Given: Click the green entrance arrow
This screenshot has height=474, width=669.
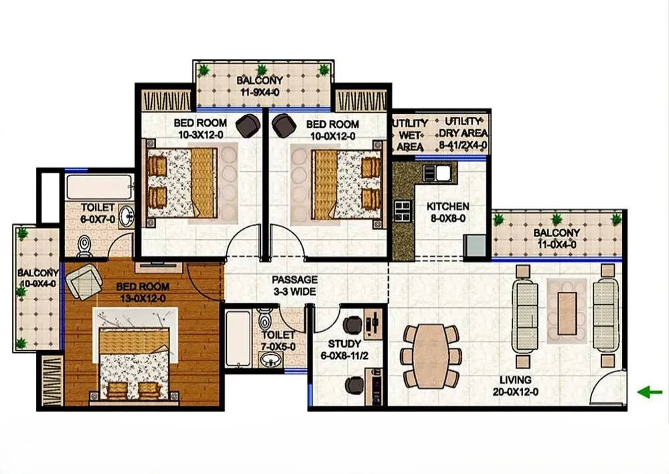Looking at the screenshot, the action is [x=650, y=392].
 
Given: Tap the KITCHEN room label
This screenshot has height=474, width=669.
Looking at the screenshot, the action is [x=448, y=206].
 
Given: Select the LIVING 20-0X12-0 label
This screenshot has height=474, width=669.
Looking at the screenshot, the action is [x=515, y=386].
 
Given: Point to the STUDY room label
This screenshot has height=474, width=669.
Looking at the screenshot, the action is [x=345, y=343].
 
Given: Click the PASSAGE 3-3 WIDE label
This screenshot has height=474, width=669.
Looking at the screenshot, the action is [x=295, y=286].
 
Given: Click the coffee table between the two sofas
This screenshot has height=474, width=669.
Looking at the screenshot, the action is [x=567, y=313].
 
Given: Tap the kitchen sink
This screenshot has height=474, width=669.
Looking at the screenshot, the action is [x=438, y=173].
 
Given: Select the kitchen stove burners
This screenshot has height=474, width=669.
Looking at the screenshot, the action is [x=403, y=211].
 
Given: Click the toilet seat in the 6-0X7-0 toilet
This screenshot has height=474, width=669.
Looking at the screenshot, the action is [x=84, y=246].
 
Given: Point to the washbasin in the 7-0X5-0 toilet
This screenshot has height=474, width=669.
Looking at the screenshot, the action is [x=270, y=360].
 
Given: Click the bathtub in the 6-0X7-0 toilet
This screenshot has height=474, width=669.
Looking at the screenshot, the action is [x=100, y=187].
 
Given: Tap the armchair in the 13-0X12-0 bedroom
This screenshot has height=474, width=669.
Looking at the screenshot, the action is [x=84, y=281].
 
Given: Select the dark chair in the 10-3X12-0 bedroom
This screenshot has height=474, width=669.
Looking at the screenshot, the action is [x=248, y=126].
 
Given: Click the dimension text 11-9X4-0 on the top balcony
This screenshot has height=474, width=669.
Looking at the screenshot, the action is [x=260, y=92].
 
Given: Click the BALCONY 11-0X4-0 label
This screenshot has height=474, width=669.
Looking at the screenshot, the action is [x=557, y=238].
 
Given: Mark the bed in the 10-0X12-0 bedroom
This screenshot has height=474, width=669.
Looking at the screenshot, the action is [x=337, y=184].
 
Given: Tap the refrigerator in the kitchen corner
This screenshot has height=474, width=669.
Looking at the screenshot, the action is [x=475, y=246].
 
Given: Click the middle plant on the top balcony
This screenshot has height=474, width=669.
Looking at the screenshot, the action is [x=262, y=70].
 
